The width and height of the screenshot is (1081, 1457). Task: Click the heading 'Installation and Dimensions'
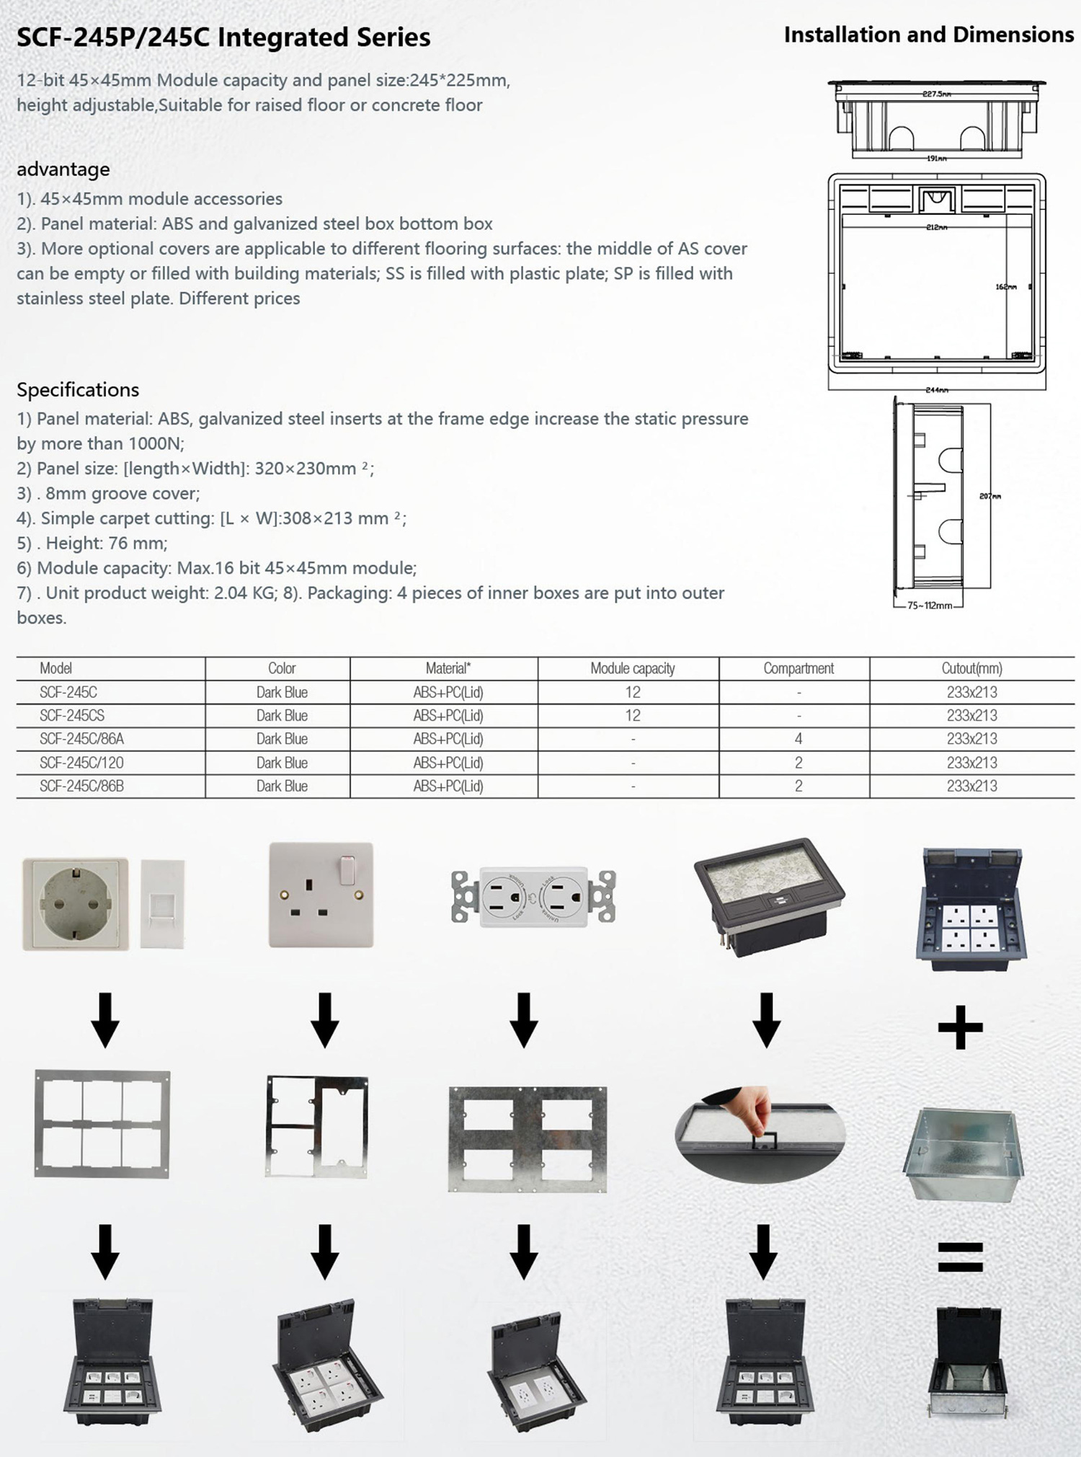click(928, 35)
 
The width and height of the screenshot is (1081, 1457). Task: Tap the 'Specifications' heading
click(78, 390)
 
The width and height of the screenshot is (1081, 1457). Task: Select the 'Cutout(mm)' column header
click(971, 668)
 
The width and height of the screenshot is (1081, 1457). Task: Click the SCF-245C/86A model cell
click(81, 739)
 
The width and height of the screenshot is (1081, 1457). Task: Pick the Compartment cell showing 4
click(798, 739)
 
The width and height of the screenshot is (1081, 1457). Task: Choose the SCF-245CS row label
click(72, 715)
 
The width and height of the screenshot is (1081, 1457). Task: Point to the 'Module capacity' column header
click(632, 668)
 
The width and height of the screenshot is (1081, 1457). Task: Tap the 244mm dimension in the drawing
click(936, 390)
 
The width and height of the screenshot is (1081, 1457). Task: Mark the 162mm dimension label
click(1005, 287)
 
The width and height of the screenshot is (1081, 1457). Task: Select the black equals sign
click(960, 1257)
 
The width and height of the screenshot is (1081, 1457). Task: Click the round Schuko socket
click(75, 903)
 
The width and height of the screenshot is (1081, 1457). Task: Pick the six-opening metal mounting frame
click(102, 1124)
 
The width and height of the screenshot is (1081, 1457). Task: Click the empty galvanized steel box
click(963, 1153)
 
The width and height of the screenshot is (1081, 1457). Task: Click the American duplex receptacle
click(533, 897)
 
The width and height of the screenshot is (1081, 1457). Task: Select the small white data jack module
click(162, 903)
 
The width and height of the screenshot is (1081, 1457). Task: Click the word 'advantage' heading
click(63, 169)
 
